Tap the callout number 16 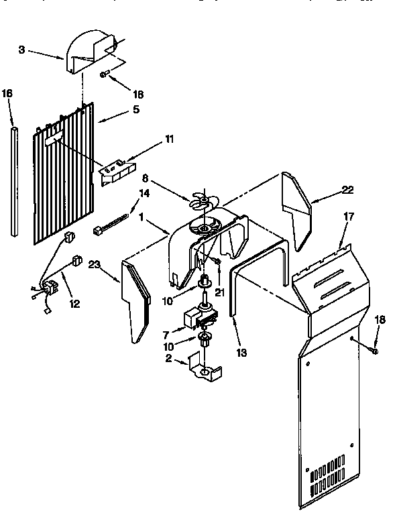[8, 95]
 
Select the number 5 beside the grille [135, 109]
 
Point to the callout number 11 [168, 139]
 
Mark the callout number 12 [74, 303]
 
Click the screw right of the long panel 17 [374, 349]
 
